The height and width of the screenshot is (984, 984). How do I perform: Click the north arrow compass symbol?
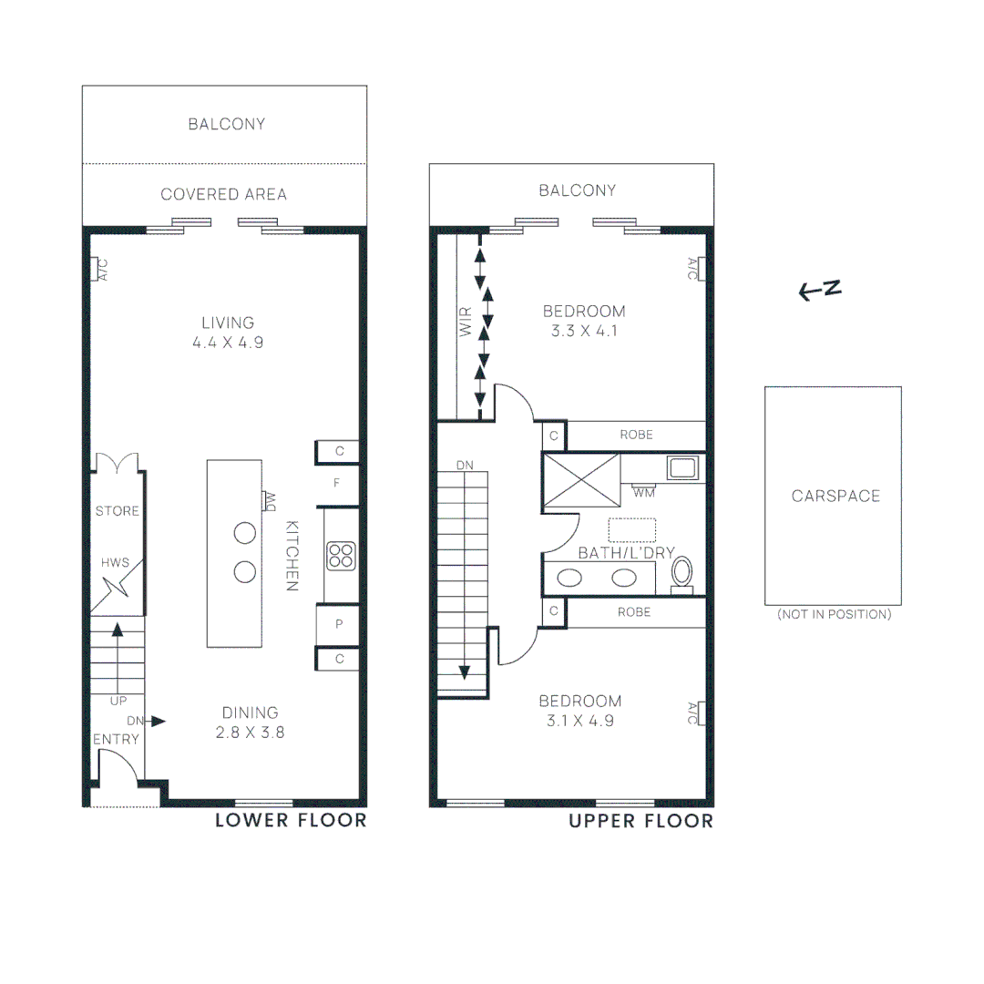820,290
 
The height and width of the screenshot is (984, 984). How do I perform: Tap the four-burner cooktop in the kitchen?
341,555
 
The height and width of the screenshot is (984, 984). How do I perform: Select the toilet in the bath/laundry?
682,574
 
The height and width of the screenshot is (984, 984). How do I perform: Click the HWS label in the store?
116,563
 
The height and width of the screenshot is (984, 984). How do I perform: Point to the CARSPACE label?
835,497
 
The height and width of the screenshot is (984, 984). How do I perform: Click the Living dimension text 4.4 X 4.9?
228,343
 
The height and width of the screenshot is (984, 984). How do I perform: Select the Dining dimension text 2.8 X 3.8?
250,732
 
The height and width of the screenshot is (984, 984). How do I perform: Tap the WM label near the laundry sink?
644,493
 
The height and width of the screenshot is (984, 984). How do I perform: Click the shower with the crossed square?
581,475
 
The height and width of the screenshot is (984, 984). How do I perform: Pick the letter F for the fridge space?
337,483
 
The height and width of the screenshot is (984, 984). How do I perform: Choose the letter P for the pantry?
339,624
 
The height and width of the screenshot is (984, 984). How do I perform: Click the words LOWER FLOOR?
291,821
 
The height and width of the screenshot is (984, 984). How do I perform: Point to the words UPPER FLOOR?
641,821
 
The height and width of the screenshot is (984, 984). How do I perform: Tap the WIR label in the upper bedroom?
466,323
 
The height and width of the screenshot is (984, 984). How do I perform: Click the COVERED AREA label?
223,194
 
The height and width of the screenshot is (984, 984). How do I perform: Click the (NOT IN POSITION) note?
834,614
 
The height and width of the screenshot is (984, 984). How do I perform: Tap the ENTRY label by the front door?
116,739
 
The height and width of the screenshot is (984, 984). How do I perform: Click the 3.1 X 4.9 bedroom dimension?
579,721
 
